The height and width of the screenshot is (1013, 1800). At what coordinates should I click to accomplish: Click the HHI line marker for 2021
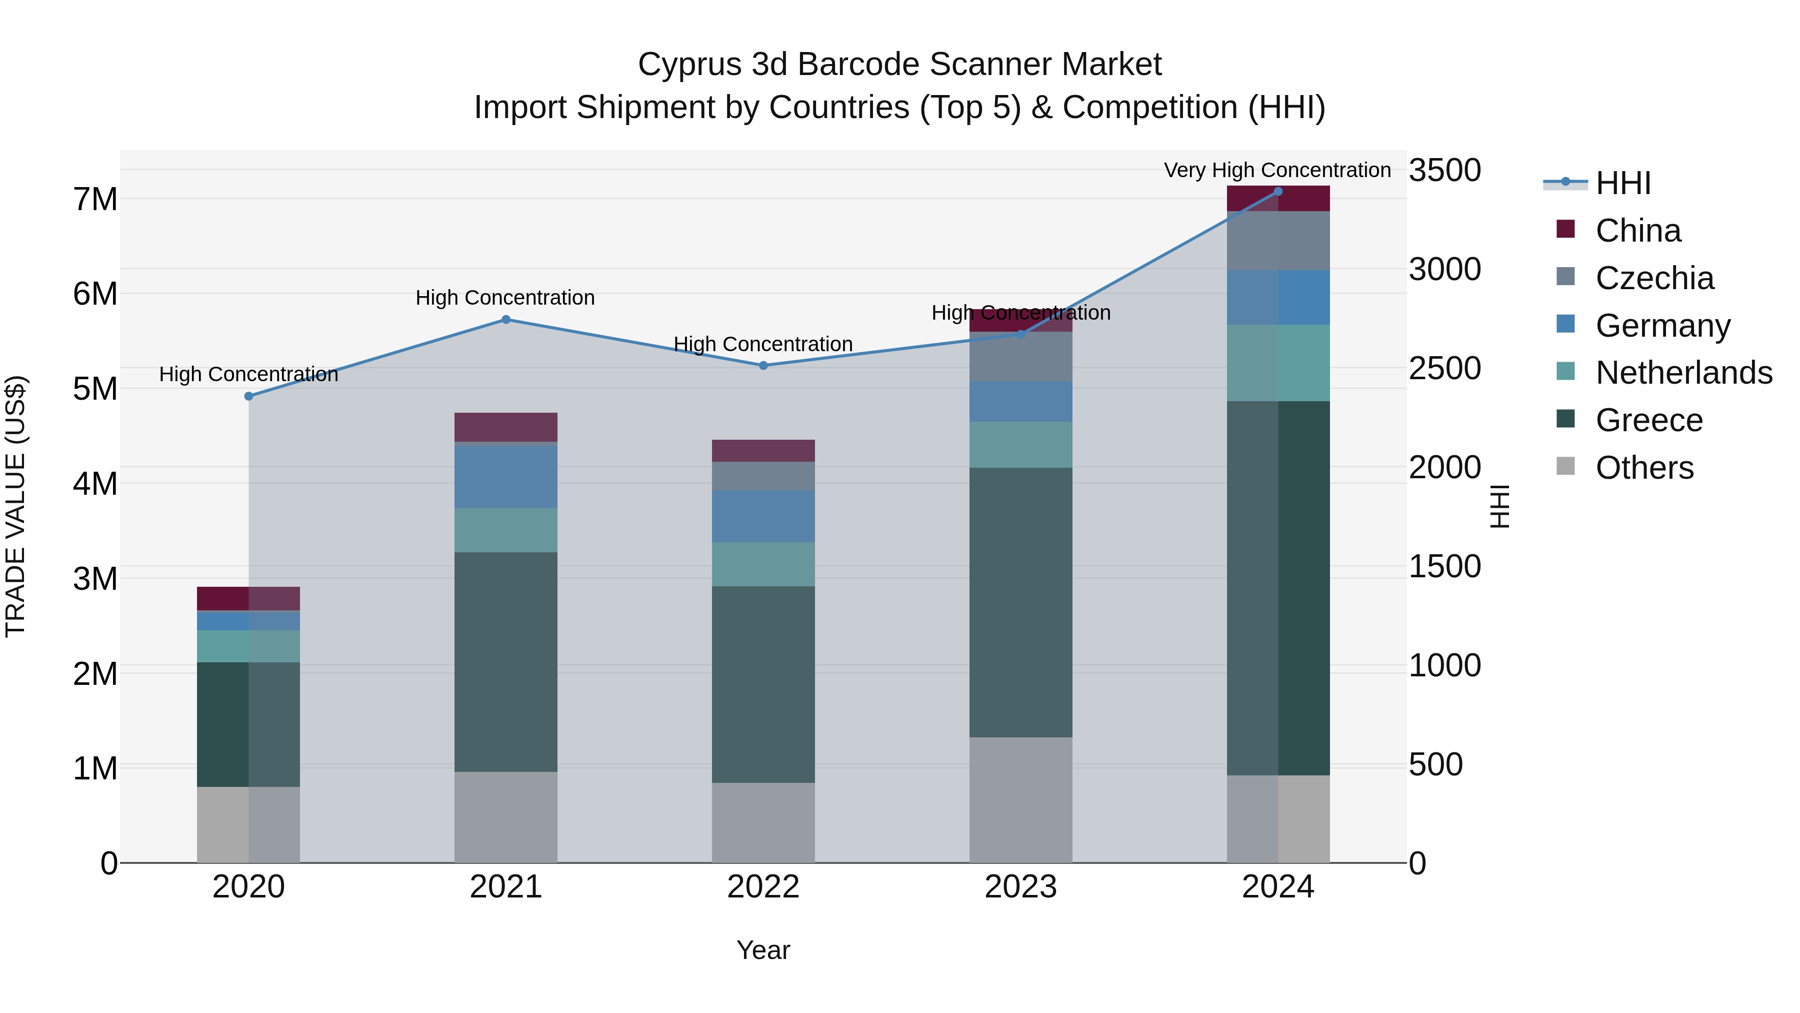pos(506,320)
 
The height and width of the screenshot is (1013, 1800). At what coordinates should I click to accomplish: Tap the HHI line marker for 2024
pos(1278,192)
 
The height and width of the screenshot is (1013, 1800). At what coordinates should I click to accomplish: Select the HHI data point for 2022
pos(763,366)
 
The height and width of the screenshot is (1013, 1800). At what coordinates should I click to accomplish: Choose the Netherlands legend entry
pos(1683,373)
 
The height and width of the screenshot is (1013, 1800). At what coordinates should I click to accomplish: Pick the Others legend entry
pos(1644,468)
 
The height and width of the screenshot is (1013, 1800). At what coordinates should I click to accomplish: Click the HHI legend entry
pos(1622,183)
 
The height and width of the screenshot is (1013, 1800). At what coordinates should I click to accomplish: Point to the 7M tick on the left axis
pos(95,199)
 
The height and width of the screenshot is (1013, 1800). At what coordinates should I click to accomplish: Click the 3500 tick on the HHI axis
pos(1444,171)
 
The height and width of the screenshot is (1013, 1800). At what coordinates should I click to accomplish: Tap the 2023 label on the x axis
pos(1020,887)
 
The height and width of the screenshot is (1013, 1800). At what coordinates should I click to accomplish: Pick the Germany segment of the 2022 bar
pos(763,516)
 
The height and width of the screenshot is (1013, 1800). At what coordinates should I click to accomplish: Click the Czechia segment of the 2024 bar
pos(1278,241)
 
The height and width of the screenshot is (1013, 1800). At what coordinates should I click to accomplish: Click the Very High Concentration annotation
pos(1277,170)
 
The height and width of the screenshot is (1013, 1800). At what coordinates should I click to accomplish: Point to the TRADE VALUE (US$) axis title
pos(15,506)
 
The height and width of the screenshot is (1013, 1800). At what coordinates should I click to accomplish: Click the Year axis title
pos(763,950)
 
